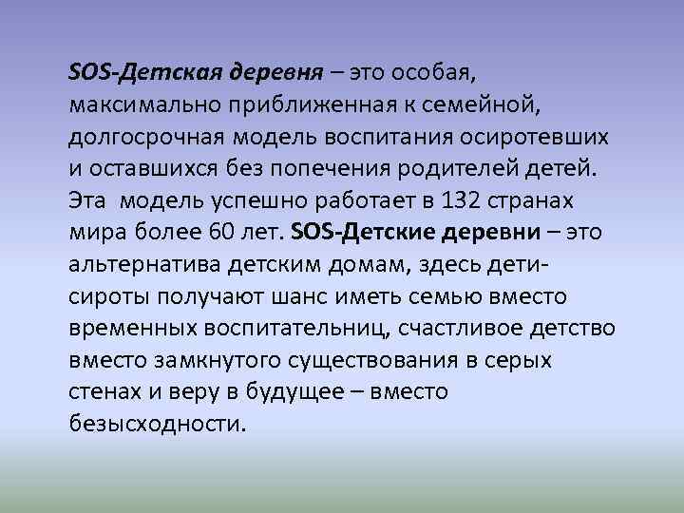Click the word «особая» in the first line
coord(425,72)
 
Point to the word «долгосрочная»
coord(143,137)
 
